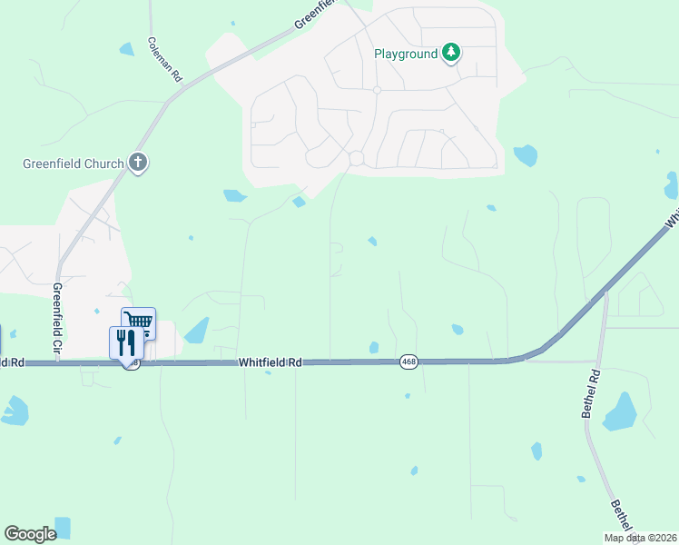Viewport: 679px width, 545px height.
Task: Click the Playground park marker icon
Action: point(450,54)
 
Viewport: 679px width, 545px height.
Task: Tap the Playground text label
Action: point(406,54)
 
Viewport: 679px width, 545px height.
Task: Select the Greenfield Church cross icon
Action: point(138,163)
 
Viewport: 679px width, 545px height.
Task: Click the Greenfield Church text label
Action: point(73,164)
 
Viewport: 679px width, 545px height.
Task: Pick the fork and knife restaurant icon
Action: point(124,342)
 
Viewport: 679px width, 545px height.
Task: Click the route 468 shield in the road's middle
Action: point(408,362)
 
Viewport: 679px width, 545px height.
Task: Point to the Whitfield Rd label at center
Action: point(271,362)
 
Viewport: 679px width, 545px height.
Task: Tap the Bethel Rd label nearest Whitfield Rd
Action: point(591,393)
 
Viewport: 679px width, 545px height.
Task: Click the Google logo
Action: point(30,534)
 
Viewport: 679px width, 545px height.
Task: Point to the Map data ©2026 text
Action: point(641,538)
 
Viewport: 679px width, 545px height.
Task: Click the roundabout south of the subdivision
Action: point(356,158)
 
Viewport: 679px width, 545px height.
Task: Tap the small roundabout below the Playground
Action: point(376,90)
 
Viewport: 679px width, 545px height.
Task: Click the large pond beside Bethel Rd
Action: point(620,411)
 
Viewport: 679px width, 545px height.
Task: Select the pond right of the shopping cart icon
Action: point(197,330)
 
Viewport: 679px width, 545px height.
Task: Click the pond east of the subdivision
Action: point(526,155)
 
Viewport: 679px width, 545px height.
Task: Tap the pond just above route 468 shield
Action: point(374,347)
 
